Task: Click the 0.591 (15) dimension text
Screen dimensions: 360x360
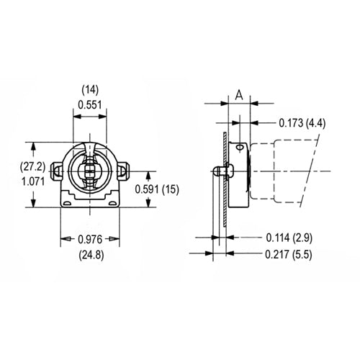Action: (156, 189)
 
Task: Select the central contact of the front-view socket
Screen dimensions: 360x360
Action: (91, 173)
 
